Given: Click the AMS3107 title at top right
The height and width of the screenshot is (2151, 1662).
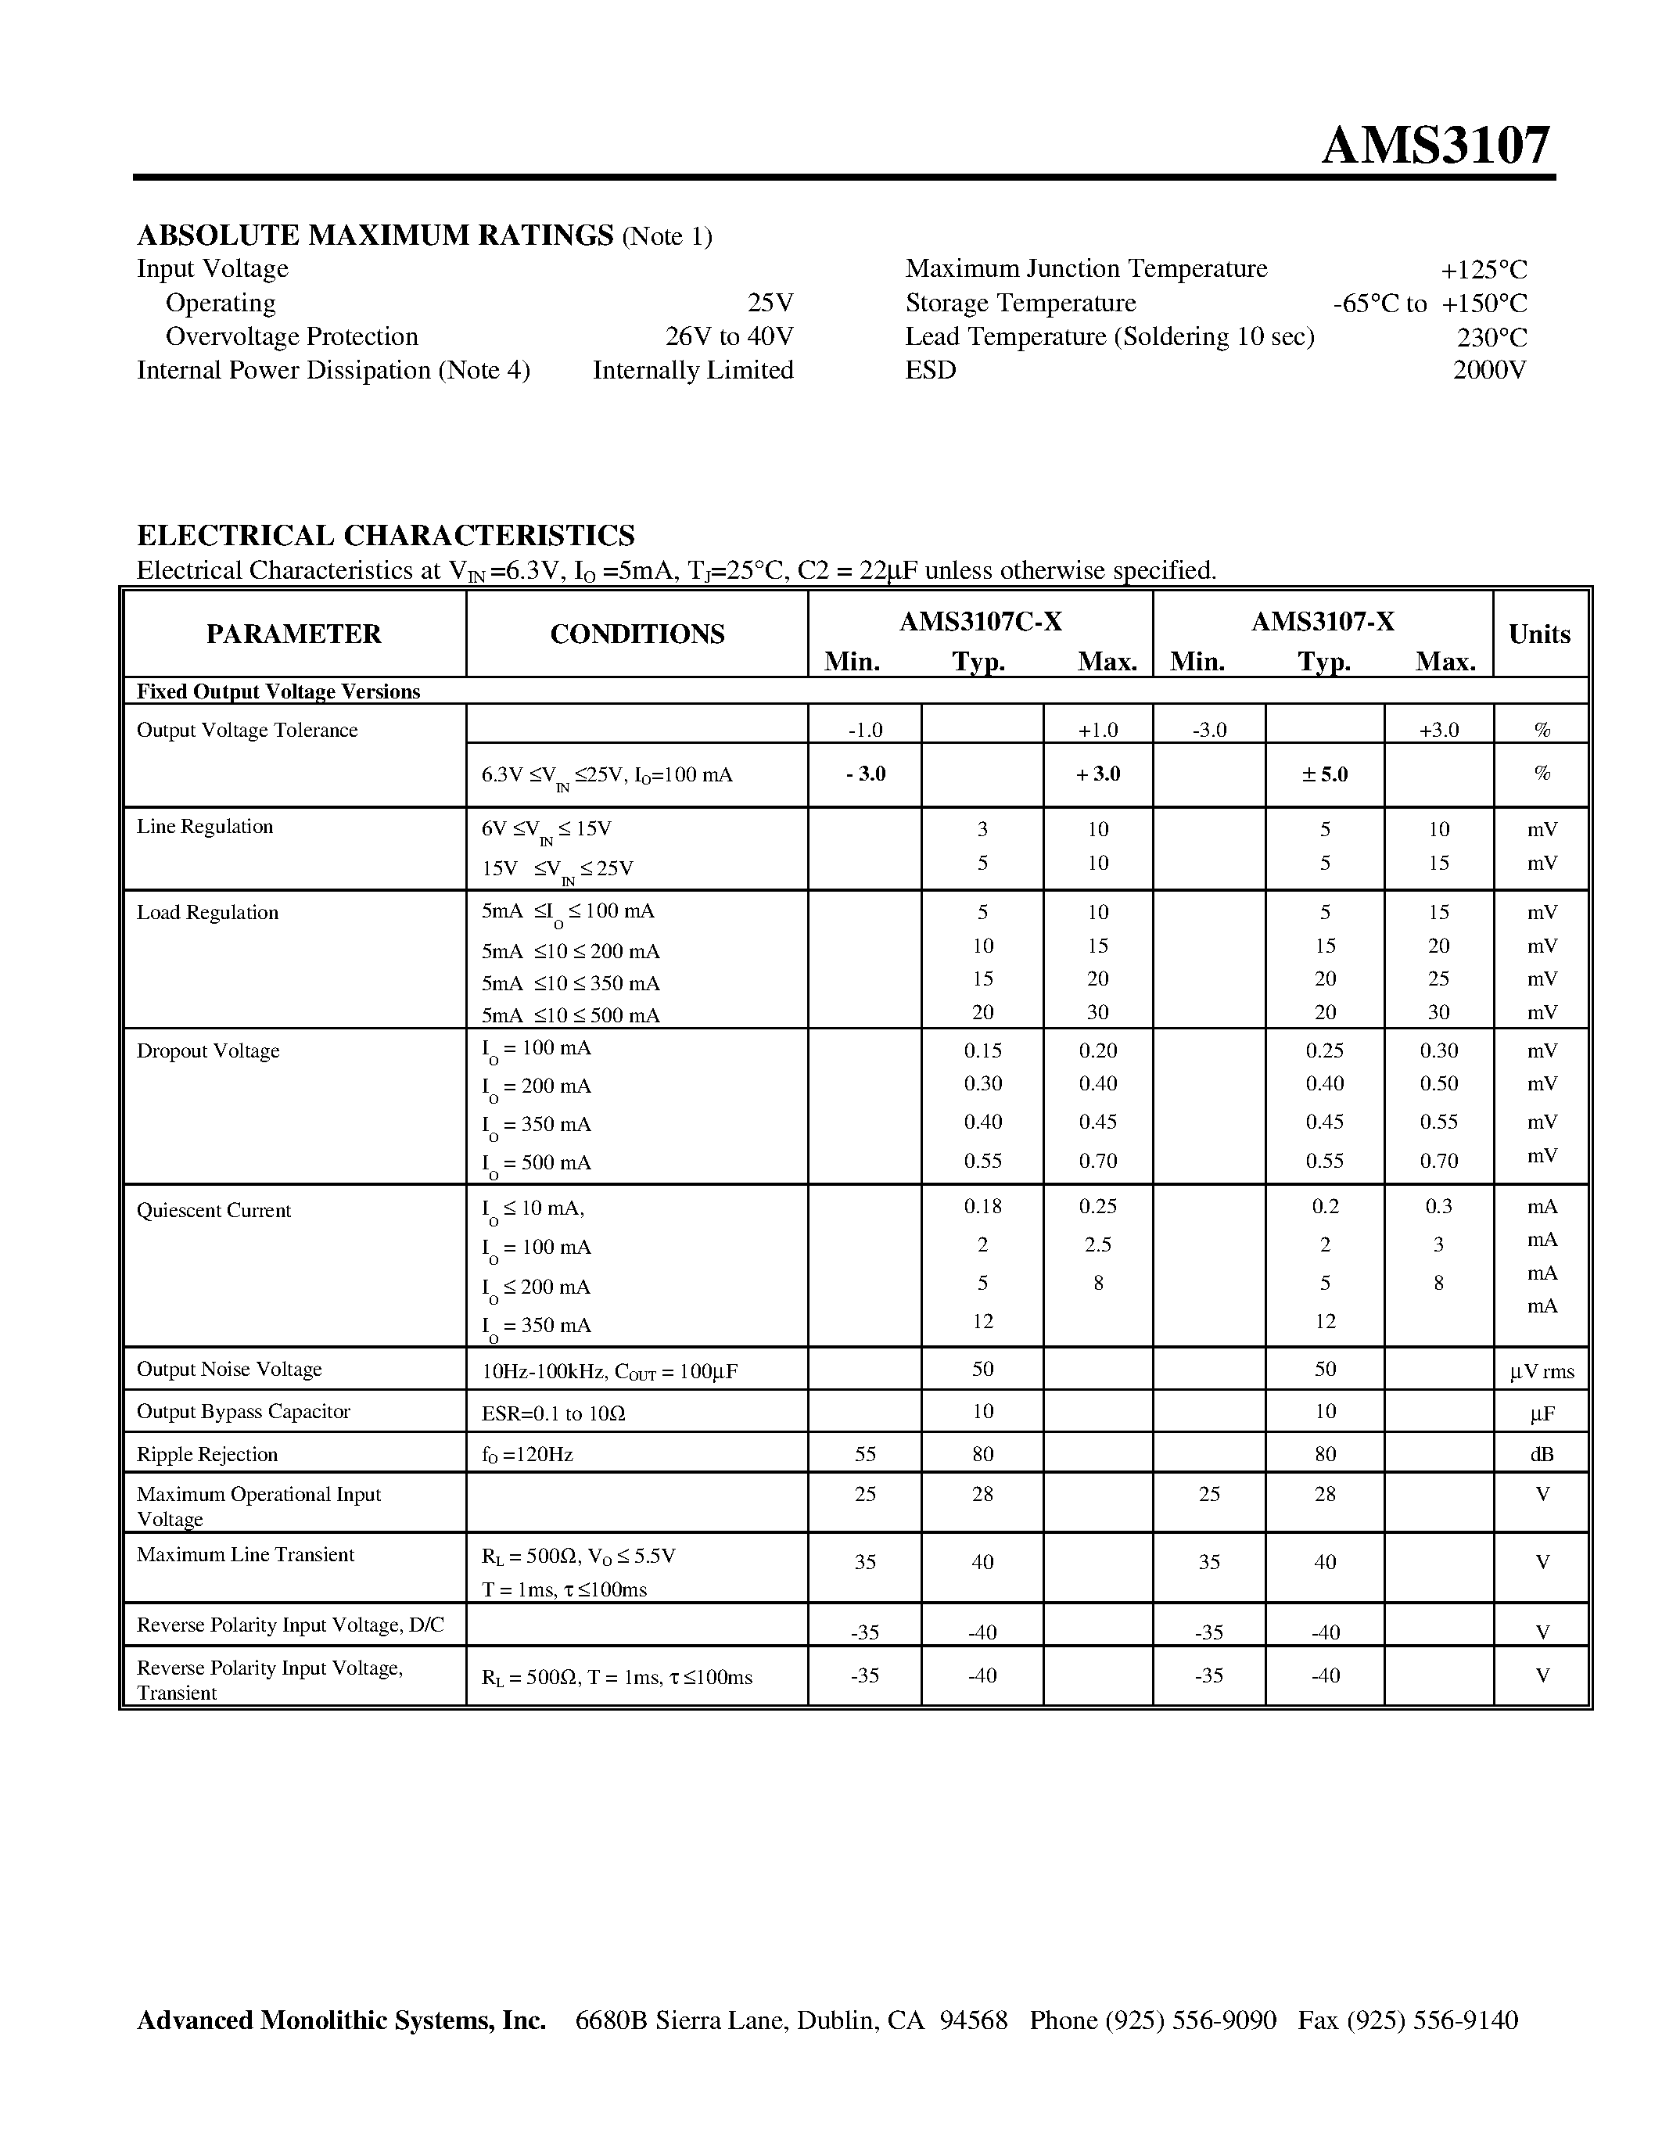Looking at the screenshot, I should click(1434, 145).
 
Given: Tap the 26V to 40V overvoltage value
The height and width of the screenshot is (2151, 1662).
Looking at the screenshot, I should click(729, 337).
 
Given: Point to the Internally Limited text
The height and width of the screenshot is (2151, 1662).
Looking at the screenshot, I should click(692, 370).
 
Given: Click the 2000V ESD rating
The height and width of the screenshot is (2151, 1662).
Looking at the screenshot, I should click(1488, 370).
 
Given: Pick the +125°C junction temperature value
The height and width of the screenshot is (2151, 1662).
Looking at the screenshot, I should click(1483, 269).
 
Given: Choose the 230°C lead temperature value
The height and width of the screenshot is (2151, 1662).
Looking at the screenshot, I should click(1491, 337).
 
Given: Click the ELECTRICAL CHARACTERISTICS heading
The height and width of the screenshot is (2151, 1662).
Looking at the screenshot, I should click(385, 536).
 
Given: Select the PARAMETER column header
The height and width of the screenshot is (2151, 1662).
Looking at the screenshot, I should click(293, 634).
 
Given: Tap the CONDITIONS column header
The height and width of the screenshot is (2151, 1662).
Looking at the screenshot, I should click(637, 634).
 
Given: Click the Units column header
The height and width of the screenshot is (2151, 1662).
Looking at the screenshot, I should click(1539, 634).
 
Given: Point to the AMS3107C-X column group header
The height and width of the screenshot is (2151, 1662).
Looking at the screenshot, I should click(980, 622).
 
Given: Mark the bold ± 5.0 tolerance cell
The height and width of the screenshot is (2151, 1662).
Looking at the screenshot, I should click(1324, 774).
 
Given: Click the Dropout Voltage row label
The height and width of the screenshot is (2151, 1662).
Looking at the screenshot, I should click(208, 1051).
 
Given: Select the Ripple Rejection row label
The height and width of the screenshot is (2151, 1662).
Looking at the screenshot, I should click(206, 1455).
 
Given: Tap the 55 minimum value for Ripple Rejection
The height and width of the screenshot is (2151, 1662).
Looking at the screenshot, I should click(864, 1455).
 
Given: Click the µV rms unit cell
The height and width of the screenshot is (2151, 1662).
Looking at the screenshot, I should click(1541, 1371).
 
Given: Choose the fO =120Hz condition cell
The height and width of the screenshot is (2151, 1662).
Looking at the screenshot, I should click(527, 1455).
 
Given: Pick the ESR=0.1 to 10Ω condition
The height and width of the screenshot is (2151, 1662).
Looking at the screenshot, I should click(552, 1414).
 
